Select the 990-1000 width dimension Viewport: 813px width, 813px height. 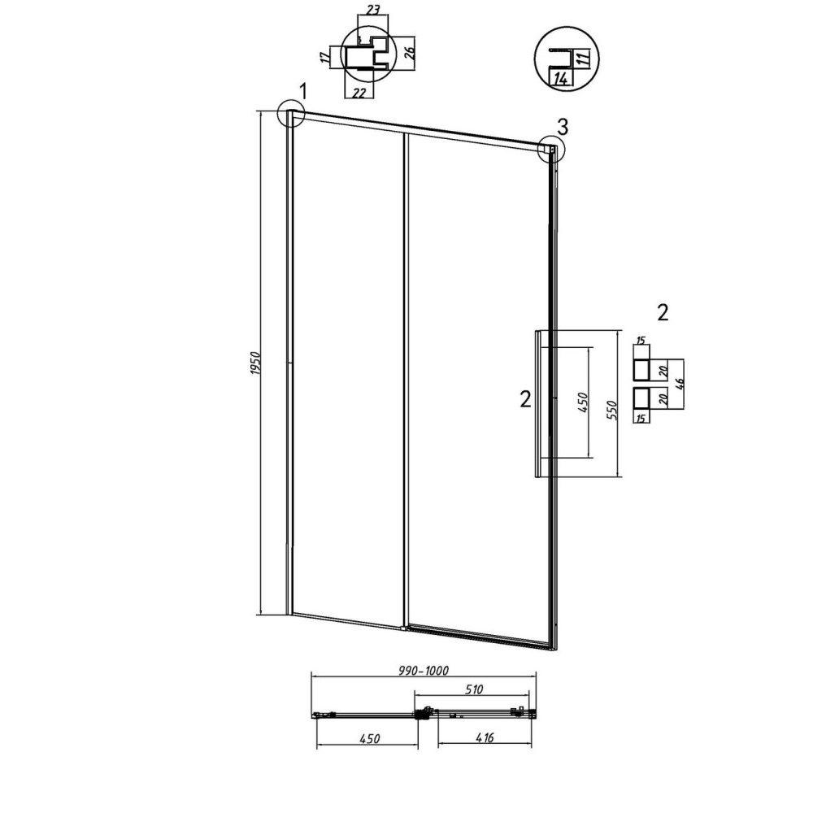pos(424,671)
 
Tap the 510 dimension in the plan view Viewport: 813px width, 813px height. pos(474,689)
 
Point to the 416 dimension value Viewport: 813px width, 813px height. pos(484,737)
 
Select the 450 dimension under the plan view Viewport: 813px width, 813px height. pos(370,738)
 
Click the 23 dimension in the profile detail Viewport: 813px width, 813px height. pos(373,9)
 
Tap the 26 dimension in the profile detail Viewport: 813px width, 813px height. pos(409,54)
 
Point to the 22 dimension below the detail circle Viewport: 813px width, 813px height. pos(359,93)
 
